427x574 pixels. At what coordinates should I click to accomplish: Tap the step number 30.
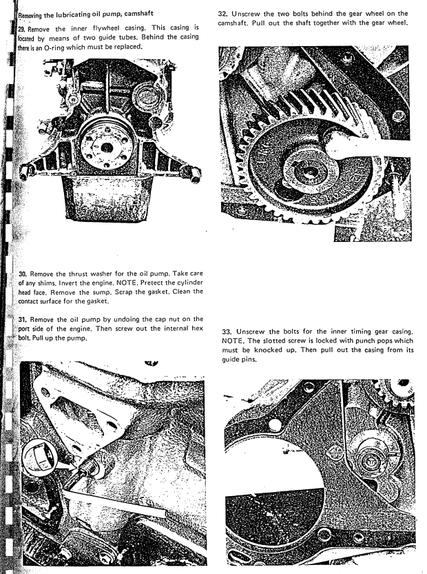click(x=23, y=274)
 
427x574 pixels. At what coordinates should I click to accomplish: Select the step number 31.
click(x=23, y=319)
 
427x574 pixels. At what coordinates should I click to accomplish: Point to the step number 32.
click(x=222, y=13)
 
